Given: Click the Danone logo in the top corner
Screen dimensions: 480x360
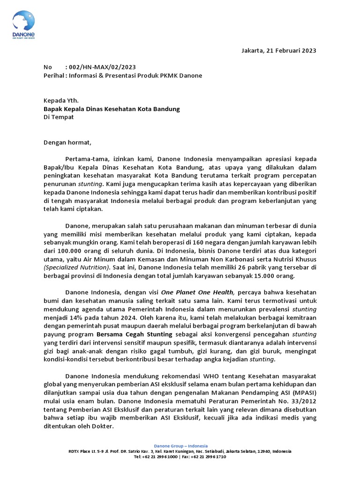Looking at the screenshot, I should [24, 26].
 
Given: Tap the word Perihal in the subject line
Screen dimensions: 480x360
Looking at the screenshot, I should [53, 75].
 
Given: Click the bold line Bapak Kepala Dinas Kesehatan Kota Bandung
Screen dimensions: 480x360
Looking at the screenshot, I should [112, 109].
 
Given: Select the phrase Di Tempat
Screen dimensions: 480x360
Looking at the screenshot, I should [59, 117].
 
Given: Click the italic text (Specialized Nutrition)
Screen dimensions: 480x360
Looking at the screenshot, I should [76, 268].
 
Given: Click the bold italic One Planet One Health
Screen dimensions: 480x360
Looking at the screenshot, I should [197, 292].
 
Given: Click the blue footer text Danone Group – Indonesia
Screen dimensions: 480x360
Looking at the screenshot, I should [181, 446].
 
